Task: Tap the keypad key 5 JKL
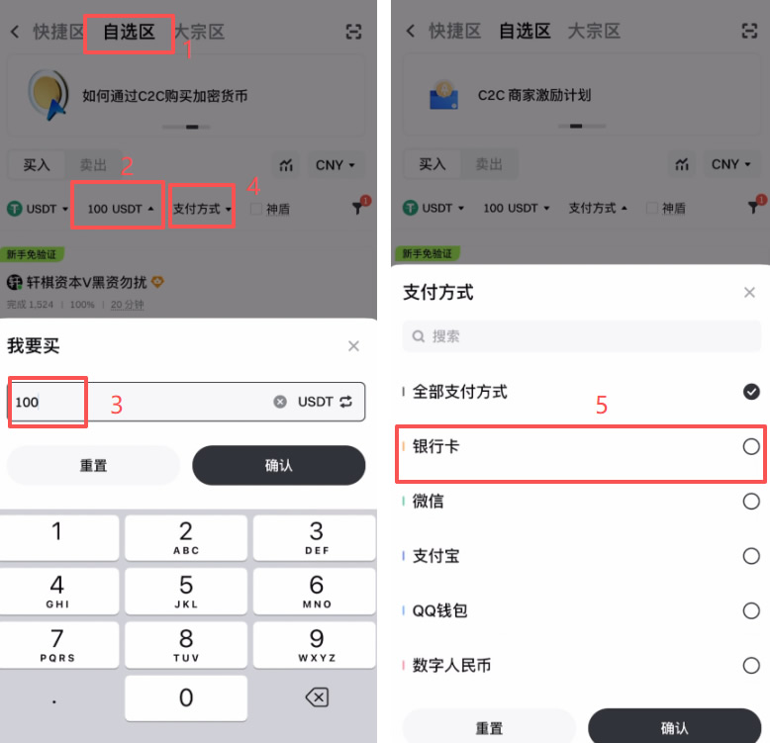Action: [x=186, y=592]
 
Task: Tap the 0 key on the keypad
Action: [x=186, y=697]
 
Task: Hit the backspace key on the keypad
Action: [x=316, y=697]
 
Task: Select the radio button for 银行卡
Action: [x=751, y=447]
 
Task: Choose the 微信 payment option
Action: [x=428, y=502]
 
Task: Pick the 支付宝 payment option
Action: [x=435, y=556]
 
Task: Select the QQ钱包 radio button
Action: [x=751, y=610]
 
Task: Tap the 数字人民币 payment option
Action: [x=451, y=665]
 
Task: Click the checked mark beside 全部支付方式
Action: [x=751, y=392]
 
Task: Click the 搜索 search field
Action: [x=582, y=336]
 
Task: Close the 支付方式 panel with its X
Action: [x=749, y=293]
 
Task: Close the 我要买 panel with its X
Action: [x=353, y=346]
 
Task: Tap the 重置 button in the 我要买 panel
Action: [x=94, y=465]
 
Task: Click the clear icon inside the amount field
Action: [x=280, y=402]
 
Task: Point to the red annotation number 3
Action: [x=116, y=405]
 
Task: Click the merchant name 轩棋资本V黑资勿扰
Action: [x=85, y=283]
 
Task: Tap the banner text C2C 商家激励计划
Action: [x=533, y=95]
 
